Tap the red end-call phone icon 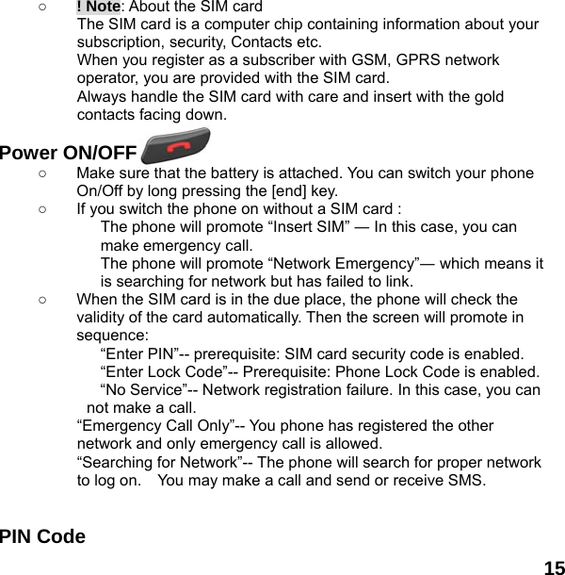(175, 150)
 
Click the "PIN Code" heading (42, 537)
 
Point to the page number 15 (554, 567)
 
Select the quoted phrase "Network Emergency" (326, 263)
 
